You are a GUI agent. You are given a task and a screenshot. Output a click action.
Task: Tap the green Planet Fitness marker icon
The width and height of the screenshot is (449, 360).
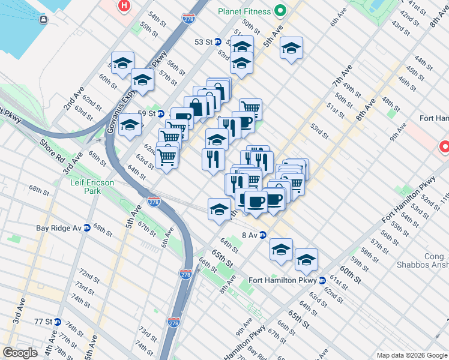tap(280, 10)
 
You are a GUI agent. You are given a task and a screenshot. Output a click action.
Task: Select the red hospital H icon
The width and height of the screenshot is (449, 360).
tap(124, 6)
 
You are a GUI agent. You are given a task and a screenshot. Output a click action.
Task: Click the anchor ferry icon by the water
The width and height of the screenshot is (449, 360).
tap(44, 20)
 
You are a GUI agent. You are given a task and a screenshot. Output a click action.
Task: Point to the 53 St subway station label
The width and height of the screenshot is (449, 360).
tap(203, 42)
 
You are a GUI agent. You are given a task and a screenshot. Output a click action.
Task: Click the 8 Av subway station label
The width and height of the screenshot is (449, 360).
tap(249, 235)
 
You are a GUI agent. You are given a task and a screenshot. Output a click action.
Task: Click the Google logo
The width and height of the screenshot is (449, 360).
tap(20, 353)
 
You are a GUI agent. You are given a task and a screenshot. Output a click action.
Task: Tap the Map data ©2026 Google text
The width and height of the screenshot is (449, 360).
tap(411, 355)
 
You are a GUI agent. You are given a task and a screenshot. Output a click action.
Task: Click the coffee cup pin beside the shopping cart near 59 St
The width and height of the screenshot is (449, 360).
tap(246, 122)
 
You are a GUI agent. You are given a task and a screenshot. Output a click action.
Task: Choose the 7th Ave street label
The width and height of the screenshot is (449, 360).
tap(343, 78)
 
